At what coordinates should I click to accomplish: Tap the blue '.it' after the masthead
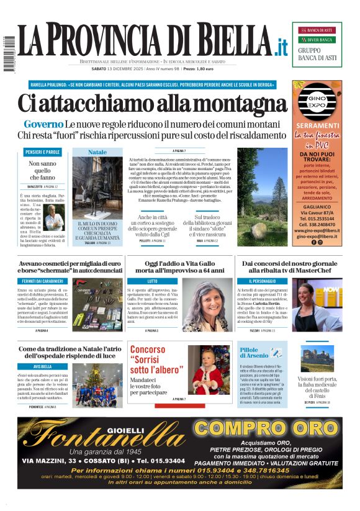click(x=281, y=46)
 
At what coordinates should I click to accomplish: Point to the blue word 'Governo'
click(x=43, y=124)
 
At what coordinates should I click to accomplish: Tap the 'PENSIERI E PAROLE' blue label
click(x=43, y=152)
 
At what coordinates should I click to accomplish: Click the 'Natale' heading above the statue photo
click(x=97, y=152)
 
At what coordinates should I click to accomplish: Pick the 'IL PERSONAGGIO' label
click(x=256, y=281)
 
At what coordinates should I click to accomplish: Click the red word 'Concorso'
click(x=147, y=350)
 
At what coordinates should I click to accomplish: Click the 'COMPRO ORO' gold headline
click(x=266, y=429)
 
